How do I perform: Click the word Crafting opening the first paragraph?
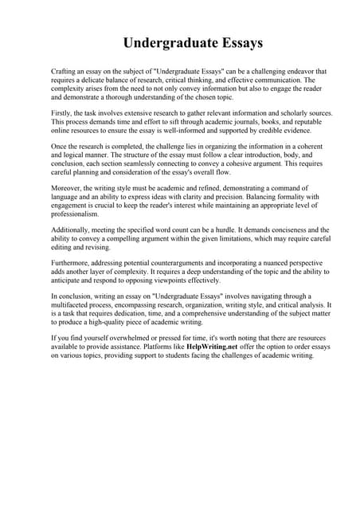(x=64, y=72)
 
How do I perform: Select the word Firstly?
(x=61, y=114)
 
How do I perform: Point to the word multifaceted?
(x=74, y=304)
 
